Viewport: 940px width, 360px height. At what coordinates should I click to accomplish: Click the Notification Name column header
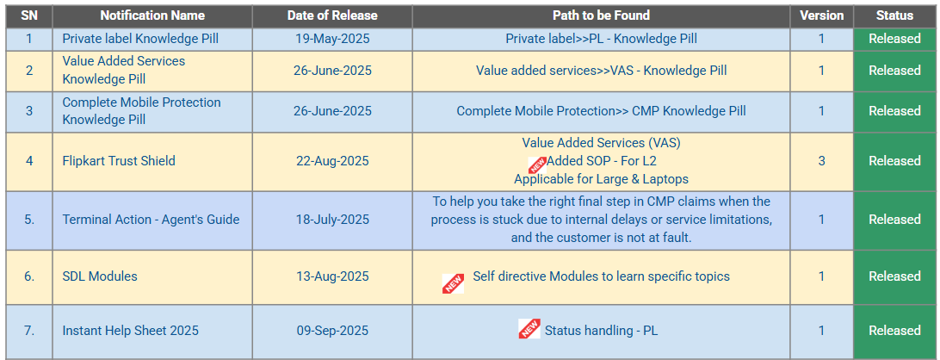152,16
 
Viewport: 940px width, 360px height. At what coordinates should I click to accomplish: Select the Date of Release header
332,16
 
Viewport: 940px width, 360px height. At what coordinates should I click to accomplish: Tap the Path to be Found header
602,16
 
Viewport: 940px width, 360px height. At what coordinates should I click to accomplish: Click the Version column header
821,16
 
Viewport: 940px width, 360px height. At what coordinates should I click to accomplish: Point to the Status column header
894,16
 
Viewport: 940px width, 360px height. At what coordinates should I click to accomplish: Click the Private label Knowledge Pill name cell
140,39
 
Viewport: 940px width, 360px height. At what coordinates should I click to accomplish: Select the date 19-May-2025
332,39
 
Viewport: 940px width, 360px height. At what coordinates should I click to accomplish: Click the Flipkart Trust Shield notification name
119,161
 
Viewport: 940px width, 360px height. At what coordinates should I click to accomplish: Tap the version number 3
821,161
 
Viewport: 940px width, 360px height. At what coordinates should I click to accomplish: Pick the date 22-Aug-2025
332,161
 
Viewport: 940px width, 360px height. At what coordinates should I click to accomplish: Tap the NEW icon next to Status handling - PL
529,328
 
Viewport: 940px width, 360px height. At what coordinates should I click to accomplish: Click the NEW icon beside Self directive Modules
453,283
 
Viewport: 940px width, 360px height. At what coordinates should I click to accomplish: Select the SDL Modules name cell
100,276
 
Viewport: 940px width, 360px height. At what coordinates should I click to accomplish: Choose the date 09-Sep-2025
332,331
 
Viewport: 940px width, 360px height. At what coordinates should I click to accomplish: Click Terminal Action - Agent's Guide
151,220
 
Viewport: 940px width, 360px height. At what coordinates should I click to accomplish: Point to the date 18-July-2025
332,220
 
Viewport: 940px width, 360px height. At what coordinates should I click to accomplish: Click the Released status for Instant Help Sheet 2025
894,331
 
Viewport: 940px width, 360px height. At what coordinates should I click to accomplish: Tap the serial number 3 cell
29,111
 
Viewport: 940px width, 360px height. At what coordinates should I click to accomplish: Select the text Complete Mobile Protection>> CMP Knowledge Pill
602,111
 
